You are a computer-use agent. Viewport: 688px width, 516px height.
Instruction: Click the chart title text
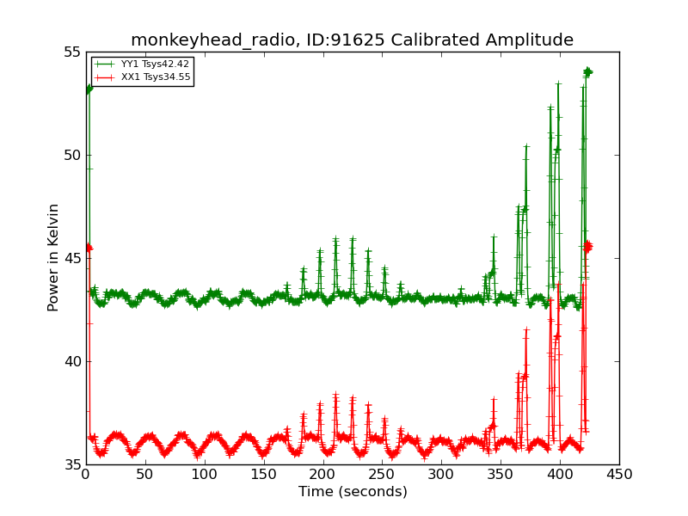pyautogui.click(x=352, y=40)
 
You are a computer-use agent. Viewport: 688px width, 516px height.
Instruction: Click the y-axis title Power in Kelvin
pyautogui.click(x=54, y=257)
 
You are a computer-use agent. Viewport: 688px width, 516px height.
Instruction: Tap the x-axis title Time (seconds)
pyautogui.click(x=353, y=492)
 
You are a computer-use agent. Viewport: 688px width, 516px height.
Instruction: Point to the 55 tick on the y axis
pyautogui.click(x=72, y=52)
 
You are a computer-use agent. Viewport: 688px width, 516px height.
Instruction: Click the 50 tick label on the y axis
pyautogui.click(x=72, y=156)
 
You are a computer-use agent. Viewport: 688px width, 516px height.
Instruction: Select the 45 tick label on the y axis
pyautogui.click(x=72, y=259)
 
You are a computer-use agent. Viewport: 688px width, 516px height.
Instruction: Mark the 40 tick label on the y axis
pyautogui.click(x=72, y=362)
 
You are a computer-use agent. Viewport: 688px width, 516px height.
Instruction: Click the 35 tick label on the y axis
pyautogui.click(x=72, y=465)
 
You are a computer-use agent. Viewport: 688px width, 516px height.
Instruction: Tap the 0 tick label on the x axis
pyautogui.click(x=86, y=475)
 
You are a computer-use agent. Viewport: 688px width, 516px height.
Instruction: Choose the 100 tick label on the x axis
pyautogui.click(x=205, y=475)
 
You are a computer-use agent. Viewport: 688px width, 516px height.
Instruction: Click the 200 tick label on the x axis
pyautogui.click(x=323, y=475)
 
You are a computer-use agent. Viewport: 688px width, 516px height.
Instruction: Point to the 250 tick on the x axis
pyautogui.click(x=382, y=475)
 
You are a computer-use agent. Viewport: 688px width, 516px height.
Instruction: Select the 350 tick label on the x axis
pyautogui.click(x=501, y=475)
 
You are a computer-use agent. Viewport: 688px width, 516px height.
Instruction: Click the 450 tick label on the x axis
pyautogui.click(x=619, y=475)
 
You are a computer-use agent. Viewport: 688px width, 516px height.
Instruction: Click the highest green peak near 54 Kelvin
pyautogui.click(x=587, y=71)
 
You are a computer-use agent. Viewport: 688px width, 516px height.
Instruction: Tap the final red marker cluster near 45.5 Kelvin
pyautogui.click(x=588, y=247)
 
